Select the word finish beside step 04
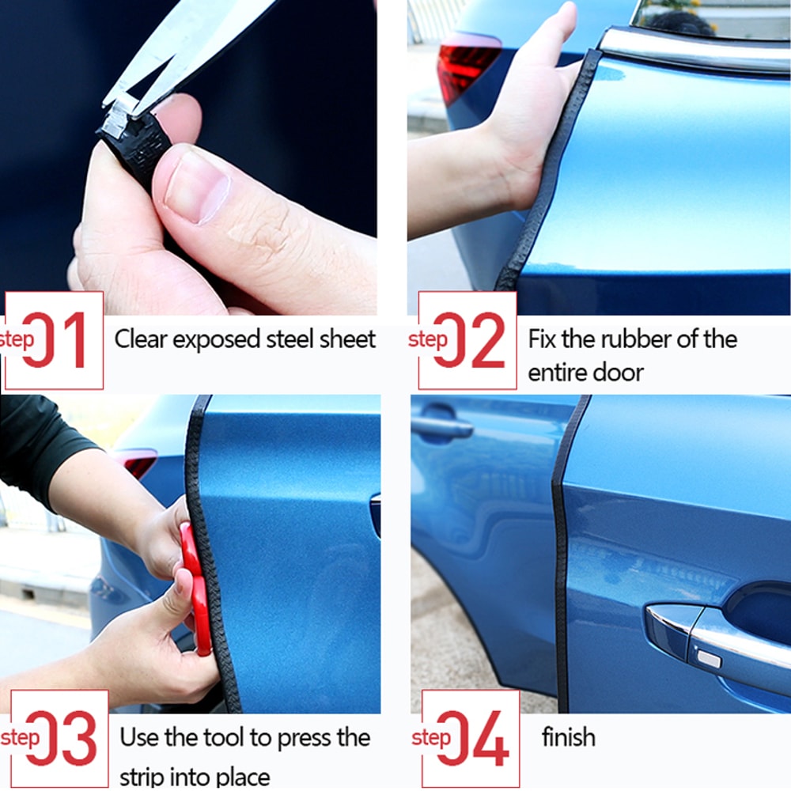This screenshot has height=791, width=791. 568,737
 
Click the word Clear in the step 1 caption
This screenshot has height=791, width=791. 141,339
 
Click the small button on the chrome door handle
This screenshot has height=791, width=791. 710,659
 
